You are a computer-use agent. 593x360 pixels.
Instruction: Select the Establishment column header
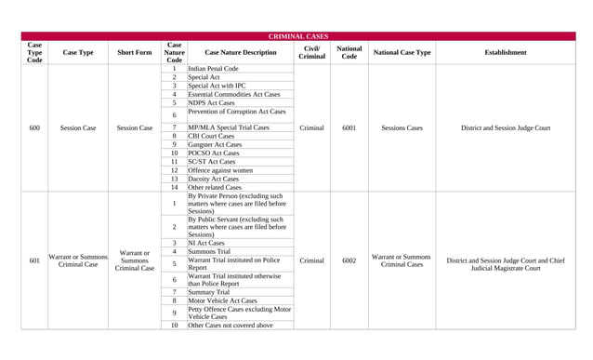tap(505, 53)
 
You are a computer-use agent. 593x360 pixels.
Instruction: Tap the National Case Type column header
tap(402, 53)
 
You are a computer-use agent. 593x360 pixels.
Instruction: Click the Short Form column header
tap(135, 53)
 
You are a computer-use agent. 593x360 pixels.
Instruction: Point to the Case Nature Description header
tap(240, 53)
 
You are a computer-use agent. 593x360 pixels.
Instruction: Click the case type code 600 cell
tap(34, 128)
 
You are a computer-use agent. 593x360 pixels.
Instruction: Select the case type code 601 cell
tap(34, 261)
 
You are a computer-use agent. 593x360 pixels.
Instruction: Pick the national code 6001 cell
tap(349, 128)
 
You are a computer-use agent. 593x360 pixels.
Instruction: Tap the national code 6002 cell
tap(349, 261)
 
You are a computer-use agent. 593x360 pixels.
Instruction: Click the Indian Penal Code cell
tap(213, 69)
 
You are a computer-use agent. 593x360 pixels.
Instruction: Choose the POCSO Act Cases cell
tap(213, 153)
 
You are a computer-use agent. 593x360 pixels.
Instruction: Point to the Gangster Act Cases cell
tap(215, 145)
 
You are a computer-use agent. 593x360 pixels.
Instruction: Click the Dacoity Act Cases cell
tap(213, 179)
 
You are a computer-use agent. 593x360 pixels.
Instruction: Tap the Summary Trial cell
tap(209, 292)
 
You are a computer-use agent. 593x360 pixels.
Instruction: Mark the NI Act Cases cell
tap(206, 243)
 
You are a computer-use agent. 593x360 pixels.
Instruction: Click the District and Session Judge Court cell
tap(505, 128)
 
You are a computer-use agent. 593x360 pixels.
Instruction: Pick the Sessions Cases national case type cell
tap(402, 128)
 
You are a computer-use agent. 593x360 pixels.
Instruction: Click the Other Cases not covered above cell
tap(231, 326)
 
